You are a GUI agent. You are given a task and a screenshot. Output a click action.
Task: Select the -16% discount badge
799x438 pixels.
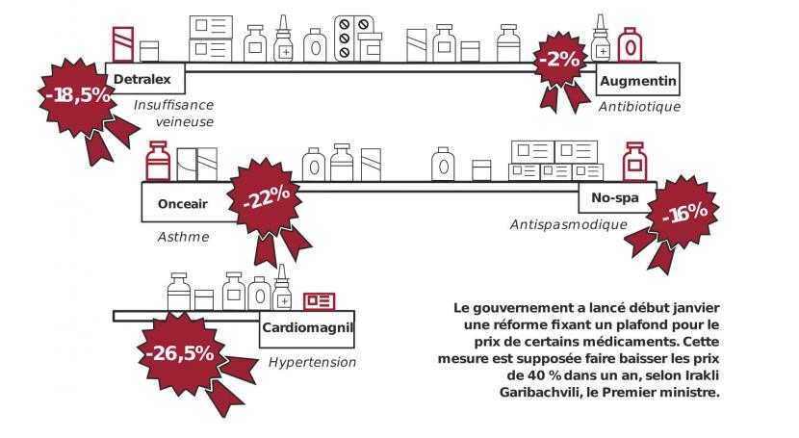[x=685, y=214]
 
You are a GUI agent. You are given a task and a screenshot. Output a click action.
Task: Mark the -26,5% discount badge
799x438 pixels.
[x=180, y=352]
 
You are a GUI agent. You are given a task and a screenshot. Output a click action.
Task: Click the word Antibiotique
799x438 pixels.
[x=639, y=107]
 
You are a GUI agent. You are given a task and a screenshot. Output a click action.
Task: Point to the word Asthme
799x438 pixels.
[x=183, y=236]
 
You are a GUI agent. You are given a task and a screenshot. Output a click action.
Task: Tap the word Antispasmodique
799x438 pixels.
[x=568, y=225]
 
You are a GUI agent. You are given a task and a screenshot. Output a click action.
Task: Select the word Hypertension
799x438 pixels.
[x=312, y=362]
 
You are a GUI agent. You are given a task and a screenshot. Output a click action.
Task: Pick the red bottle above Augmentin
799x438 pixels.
[x=631, y=43]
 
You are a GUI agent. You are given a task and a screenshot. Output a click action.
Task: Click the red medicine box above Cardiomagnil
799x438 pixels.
[x=319, y=301]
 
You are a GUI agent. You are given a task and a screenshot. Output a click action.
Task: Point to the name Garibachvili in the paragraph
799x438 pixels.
[x=547, y=392]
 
